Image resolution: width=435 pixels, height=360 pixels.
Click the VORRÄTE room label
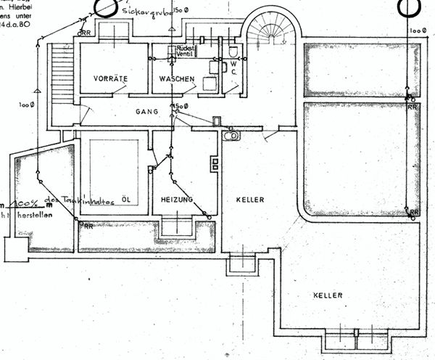(110, 78)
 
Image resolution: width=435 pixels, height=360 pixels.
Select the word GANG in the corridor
(147, 112)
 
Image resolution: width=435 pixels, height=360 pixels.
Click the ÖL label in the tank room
(126, 199)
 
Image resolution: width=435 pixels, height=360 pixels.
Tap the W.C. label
(234, 68)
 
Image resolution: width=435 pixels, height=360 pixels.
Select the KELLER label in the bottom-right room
(327, 295)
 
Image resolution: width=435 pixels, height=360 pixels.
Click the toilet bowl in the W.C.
(231, 52)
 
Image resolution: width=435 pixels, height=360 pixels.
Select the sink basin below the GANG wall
(231, 135)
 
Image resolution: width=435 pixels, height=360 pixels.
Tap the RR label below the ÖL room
(88, 226)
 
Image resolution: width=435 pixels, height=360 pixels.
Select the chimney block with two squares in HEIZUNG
(215, 163)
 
